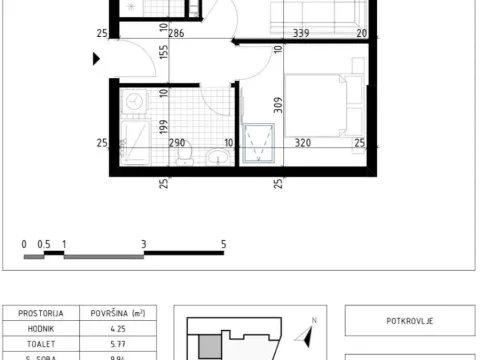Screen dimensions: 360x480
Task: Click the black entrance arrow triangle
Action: coord(97,59)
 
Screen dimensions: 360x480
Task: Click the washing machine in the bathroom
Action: coord(134,101)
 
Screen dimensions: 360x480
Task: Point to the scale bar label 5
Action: coord(224,243)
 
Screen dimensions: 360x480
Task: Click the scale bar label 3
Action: coord(144,243)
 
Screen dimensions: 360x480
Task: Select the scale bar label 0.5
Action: coord(44,243)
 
